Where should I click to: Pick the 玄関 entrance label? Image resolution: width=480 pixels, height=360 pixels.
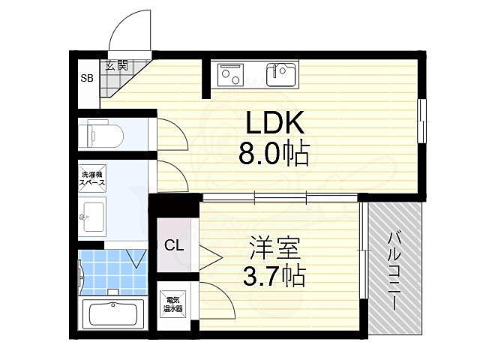pyautogui.click(x=116, y=66)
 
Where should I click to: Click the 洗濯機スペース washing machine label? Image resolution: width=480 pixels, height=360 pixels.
pyautogui.click(x=93, y=180)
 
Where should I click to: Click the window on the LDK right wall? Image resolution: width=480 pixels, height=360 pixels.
pyautogui.click(x=422, y=120)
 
